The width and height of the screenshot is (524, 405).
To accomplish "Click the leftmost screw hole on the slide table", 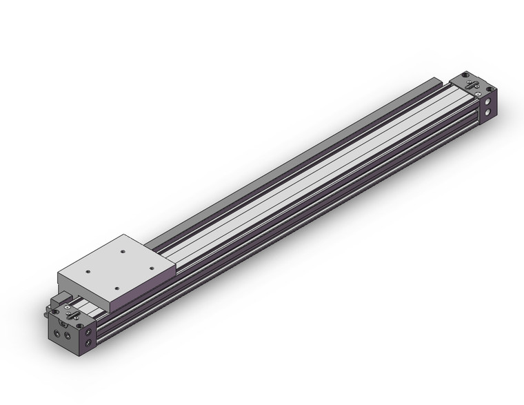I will pyautogui.click(x=88, y=271).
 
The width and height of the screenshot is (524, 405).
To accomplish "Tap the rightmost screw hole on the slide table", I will pyautogui.click(x=152, y=268).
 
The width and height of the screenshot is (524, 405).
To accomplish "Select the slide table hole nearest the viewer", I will pyautogui.click(x=117, y=288).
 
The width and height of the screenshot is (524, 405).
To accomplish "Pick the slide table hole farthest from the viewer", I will pyautogui.click(x=123, y=251).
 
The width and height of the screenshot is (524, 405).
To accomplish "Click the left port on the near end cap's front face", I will pyautogui.click(x=57, y=333).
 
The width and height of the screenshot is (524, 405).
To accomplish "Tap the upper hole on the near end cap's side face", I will pyautogui.click(x=88, y=331).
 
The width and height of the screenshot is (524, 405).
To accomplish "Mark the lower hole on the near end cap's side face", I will pyautogui.click(x=89, y=343).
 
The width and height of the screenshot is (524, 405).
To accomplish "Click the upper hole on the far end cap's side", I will pyautogui.click(x=487, y=101).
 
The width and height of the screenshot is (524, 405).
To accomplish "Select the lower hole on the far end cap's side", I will pyautogui.click(x=487, y=112).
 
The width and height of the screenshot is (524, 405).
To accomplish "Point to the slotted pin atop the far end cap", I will pyautogui.click(x=472, y=86).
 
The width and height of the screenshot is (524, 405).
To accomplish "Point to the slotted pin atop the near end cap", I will pyautogui.click(x=72, y=315).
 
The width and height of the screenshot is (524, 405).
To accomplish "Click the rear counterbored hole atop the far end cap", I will pyautogui.click(x=465, y=75).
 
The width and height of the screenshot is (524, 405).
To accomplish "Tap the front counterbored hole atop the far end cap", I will pyautogui.click(x=490, y=89).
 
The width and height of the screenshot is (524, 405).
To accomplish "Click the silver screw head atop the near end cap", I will pyautogui.click(x=68, y=307).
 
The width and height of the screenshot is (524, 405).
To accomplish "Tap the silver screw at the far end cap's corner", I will pyautogui.click(x=478, y=94).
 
